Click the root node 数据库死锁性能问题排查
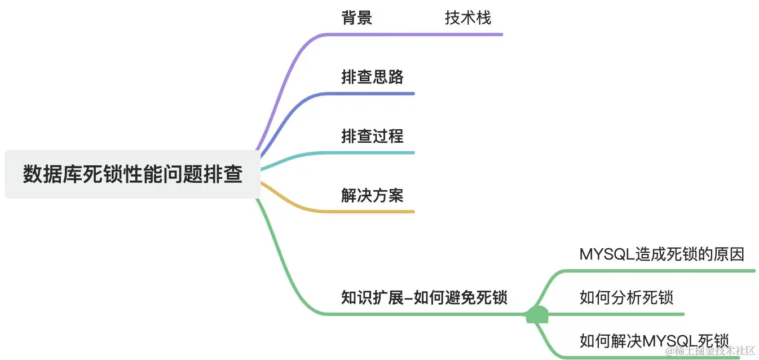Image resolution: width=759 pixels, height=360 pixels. (x=133, y=174)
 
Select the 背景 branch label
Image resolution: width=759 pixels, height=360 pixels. (x=356, y=17)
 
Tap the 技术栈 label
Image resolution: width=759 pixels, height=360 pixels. (x=468, y=17)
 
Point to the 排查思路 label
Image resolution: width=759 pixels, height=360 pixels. (x=372, y=77)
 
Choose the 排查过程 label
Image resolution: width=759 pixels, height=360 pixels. (x=372, y=136)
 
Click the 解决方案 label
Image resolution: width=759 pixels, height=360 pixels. (x=372, y=195)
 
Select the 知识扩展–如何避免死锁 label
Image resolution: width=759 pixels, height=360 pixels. (x=424, y=297)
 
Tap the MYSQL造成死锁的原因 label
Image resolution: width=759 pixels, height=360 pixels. (x=662, y=254)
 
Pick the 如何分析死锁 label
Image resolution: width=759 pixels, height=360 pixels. (x=626, y=297)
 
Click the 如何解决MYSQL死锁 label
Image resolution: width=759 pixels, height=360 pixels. (x=654, y=340)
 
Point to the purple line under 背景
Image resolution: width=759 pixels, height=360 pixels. (x=417, y=34)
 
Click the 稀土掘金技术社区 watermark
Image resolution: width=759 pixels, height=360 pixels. (x=710, y=351)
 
